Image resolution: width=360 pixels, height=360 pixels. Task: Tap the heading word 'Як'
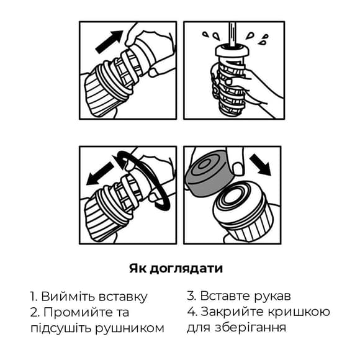tap(139, 269)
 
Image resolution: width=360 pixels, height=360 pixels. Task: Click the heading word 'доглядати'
tap(188, 269)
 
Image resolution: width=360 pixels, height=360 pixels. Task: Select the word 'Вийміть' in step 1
tap(63, 297)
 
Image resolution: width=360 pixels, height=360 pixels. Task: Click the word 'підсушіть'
tap(58, 328)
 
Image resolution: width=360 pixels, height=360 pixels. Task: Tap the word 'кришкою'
tap(304, 312)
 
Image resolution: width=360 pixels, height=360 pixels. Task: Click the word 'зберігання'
tap(251, 327)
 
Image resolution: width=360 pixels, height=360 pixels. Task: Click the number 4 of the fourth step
tap(192, 312)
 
